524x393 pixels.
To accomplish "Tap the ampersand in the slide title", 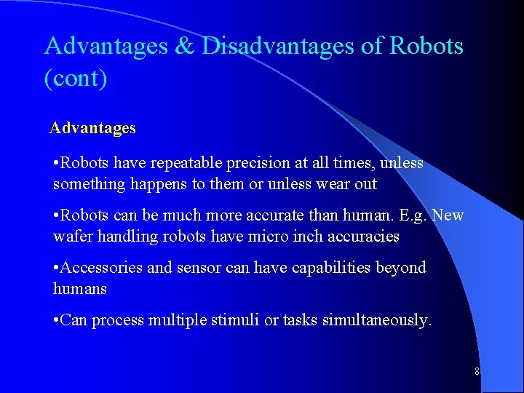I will tap(186, 47).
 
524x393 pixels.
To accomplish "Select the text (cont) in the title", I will tap(76, 78).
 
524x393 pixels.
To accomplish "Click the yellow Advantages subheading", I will tap(92, 128).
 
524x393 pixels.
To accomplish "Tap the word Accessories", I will tap(102, 268).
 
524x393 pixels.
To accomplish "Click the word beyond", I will tap(402, 268).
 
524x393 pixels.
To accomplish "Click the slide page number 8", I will tap(477, 371).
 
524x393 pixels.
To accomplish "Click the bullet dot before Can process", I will tap(57, 320).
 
